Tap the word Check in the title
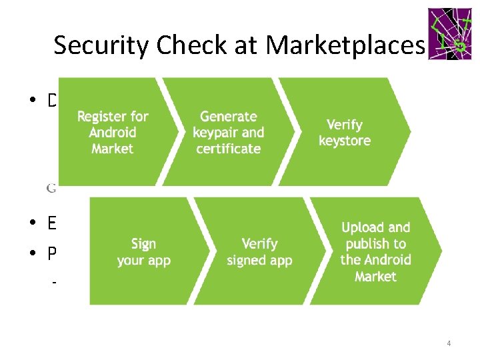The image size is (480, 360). [177, 45]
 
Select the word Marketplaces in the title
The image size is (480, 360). [344, 45]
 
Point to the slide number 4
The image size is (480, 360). [449, 343]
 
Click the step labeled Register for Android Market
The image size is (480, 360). [113, 132]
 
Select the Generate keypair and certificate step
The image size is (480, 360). [228, 132]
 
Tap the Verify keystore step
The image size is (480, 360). [345, 132]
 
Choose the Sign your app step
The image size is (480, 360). [144, 251]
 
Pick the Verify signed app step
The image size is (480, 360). [259, 251]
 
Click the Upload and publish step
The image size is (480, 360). [375, 251]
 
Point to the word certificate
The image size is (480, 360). [228, 148]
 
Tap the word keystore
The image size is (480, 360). [345, 141]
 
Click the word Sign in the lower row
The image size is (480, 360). [144, 243]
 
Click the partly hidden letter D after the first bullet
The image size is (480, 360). [52, 101]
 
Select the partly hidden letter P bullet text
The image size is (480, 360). [52, 255]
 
